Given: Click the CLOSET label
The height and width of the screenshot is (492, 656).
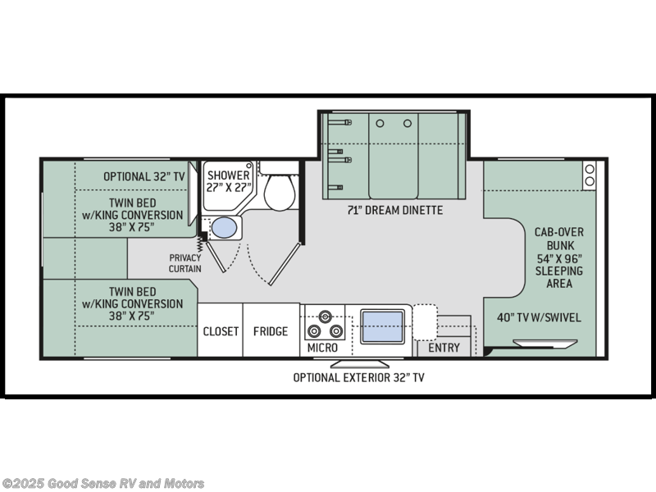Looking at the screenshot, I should (221, 331).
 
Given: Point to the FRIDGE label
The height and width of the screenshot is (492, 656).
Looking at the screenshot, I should (271, 331).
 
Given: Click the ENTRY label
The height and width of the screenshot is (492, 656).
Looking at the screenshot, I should (444, 348).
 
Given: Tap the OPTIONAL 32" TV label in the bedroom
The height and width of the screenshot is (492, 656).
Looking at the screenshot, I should (144, 176).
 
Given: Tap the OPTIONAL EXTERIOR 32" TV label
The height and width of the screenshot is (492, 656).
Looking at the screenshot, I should (359, 377).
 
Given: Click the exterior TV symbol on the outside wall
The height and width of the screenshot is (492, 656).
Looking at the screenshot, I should (359, 362).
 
